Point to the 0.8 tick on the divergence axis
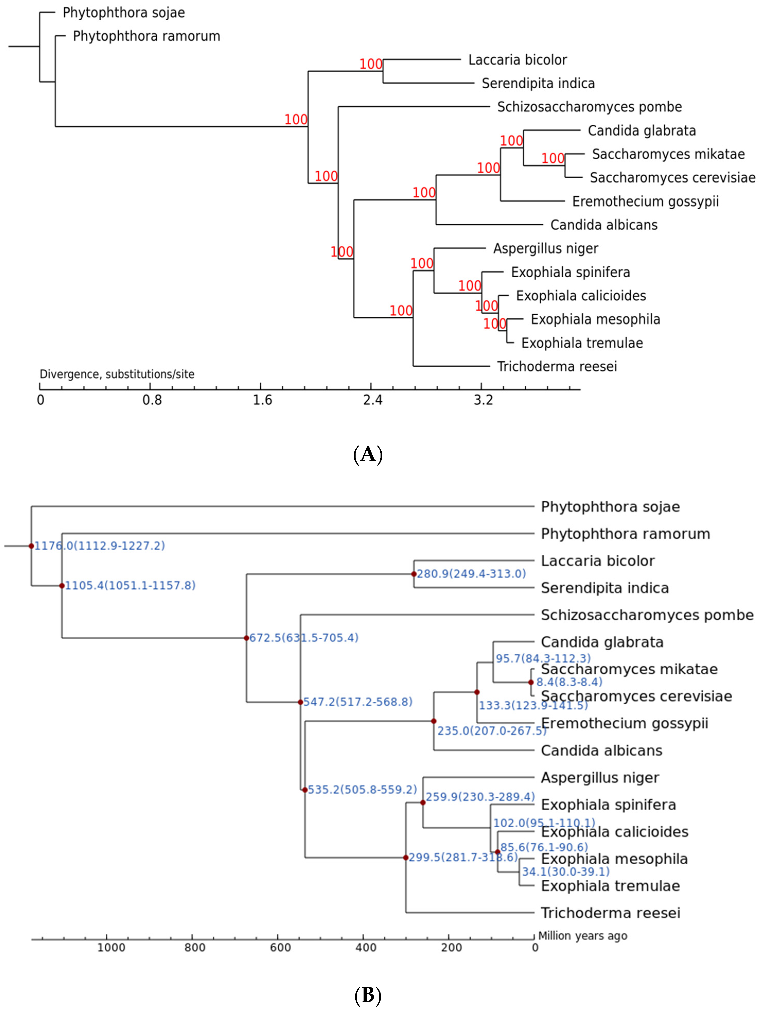point(152,400)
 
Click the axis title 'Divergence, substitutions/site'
point(117,374)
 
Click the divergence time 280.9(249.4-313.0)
point(471,574)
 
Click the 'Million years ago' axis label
point(582,936)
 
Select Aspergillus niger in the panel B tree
point(599,778)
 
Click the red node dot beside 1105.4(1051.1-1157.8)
point(62,586)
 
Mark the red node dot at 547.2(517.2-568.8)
point(300,702)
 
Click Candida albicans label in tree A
point(604,225)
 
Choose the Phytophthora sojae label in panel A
point(123,13)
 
